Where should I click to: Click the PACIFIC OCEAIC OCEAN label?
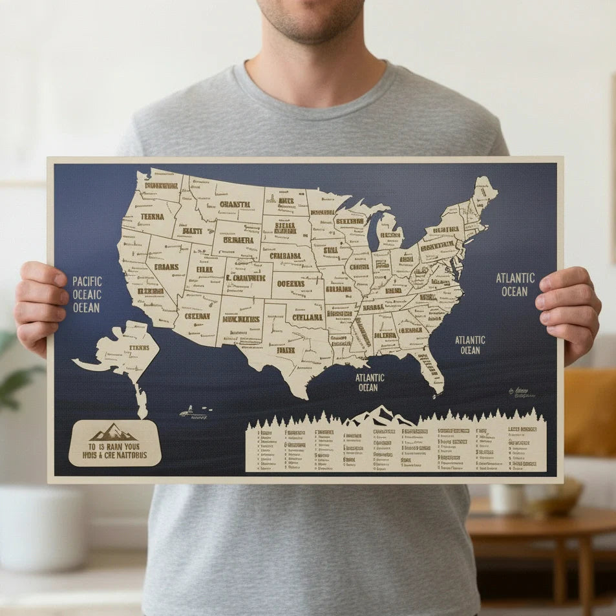tap(87, 294)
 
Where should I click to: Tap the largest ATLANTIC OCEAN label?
tap(515, 284)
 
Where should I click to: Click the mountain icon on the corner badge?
tap(114, 432)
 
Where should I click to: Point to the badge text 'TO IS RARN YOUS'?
tap(114, 445)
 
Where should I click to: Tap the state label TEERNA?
tap(152, 217)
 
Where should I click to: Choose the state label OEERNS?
tap(291, 283)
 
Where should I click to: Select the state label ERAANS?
tap(166, 266)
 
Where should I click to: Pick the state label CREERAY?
tap(197, 316)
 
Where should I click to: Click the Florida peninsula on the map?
tap(430, 368)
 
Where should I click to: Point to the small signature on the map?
tap(520, 392)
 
